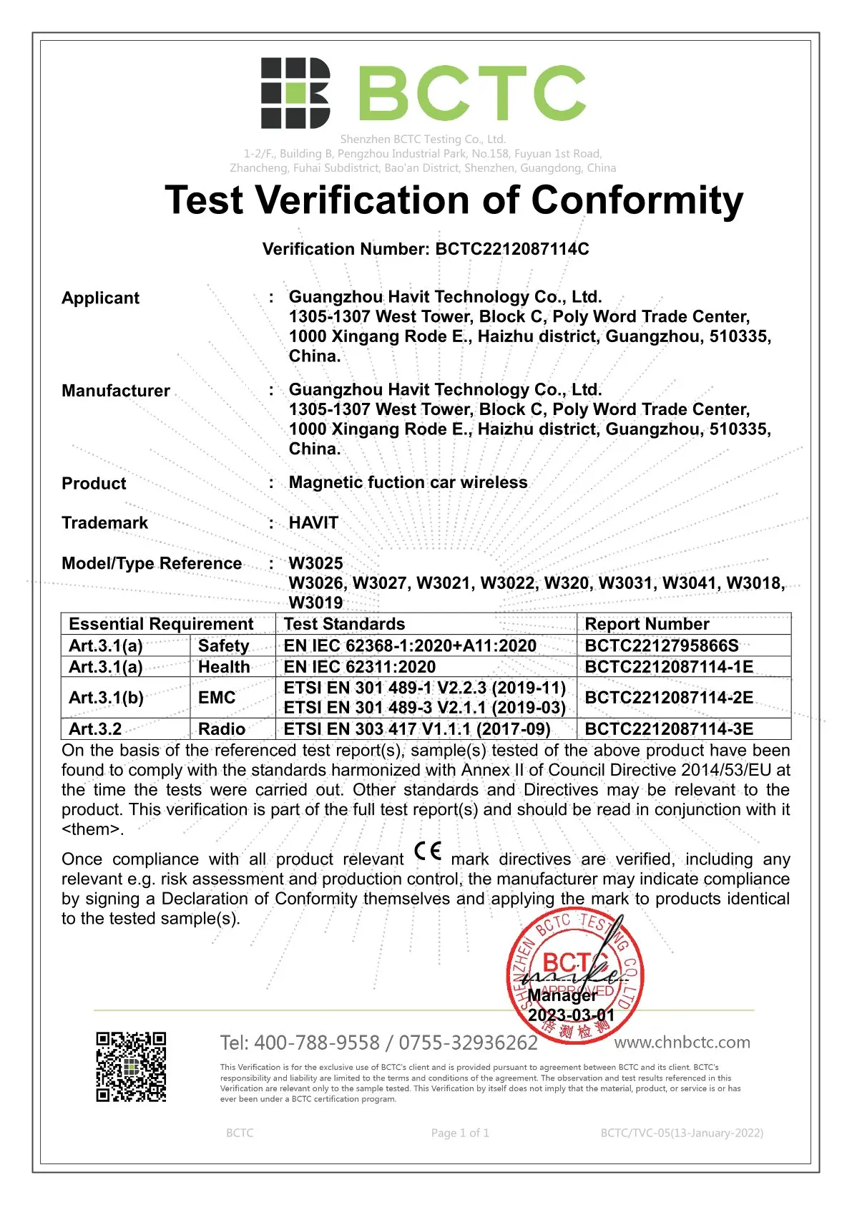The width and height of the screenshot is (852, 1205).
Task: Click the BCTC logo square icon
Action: [295, 93]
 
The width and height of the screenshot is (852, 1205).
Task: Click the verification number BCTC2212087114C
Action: [512, 249]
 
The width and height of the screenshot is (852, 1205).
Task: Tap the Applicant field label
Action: [100, 298]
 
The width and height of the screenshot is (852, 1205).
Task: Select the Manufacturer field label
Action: [116, 391]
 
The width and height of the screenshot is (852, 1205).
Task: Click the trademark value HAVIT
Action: [313, 523]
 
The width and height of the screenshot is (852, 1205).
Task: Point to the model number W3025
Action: [315, 563]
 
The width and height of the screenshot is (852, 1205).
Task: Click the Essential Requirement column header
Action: [161, 624]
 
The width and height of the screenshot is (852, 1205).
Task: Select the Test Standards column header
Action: [344, 624]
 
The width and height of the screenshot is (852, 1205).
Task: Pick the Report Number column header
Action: [647, 624]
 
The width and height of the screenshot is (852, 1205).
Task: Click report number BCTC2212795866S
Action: [662, 645]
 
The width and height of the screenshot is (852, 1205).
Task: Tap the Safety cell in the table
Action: [224, 645]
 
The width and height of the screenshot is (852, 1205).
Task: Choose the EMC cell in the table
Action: [217, 698]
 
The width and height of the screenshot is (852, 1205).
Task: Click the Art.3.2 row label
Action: [95, 729]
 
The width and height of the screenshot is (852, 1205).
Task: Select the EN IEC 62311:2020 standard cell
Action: [360, 667]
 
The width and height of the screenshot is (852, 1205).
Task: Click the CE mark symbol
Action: [428, 852]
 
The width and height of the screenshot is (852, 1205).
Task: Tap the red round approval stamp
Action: [574, 977]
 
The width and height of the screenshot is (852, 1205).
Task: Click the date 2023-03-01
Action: [571, 1015]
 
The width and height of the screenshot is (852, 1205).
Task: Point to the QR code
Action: [132, 1066]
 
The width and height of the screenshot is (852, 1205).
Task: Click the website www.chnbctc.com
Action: [682, 1043]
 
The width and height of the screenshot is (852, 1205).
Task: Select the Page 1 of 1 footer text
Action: [460, 1133]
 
